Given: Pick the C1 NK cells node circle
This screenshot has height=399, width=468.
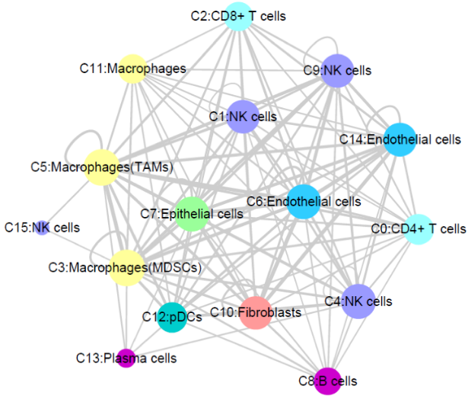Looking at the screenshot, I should click(244, 117).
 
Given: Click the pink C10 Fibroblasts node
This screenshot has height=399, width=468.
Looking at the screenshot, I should click(256, 312).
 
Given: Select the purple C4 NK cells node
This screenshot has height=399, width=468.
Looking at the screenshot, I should click(357, 302).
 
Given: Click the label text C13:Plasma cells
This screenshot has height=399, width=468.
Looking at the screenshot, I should click(126, 358).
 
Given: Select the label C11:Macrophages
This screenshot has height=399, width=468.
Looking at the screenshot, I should click(135, 69).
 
